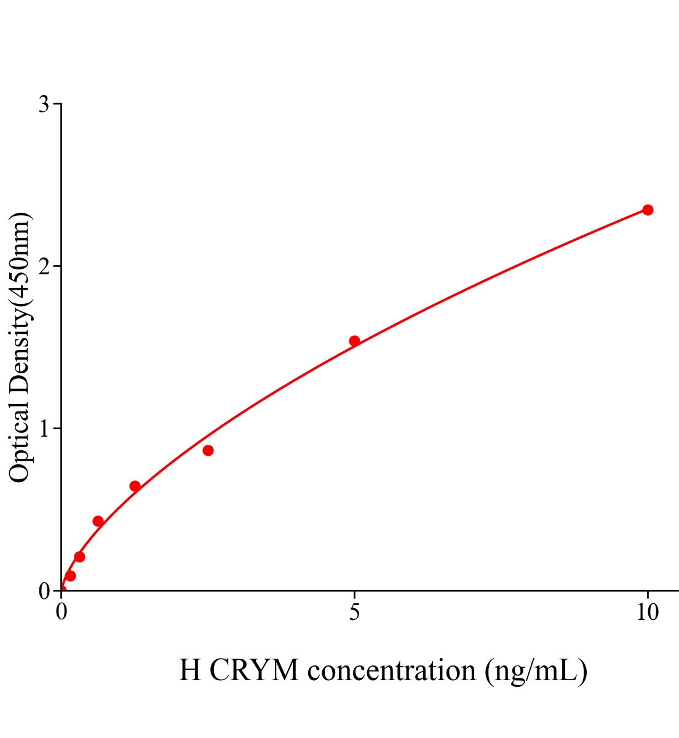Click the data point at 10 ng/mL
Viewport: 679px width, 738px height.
(x=647, y=210)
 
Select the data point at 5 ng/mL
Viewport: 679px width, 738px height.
(x=354, y=341)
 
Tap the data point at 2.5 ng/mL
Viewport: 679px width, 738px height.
(x=208, y=450)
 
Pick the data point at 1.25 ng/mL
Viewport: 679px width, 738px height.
(x=135, y=486)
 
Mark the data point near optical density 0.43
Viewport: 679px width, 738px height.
(x=98, y=521)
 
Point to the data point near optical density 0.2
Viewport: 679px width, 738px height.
(x=79, y=557)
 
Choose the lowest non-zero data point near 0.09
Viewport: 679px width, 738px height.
(x=70, y=576)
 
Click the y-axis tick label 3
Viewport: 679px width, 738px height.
(x=44, y=105)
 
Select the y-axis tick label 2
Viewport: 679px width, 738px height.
(x=44, y=266)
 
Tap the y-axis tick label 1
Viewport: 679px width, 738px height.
(x=44, y=429)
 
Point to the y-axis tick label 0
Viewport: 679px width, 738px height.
(x=44, y=591)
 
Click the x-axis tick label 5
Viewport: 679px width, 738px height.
(x=354, y=613)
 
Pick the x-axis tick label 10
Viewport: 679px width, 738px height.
(x=647, y=613)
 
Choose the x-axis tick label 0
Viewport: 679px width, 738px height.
(x=62, y=613)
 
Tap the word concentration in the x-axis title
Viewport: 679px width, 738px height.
(x=391, y=670)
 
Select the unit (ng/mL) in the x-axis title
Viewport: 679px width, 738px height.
(x=536, y=670)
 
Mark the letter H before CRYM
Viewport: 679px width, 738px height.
(x=189, y=670)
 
